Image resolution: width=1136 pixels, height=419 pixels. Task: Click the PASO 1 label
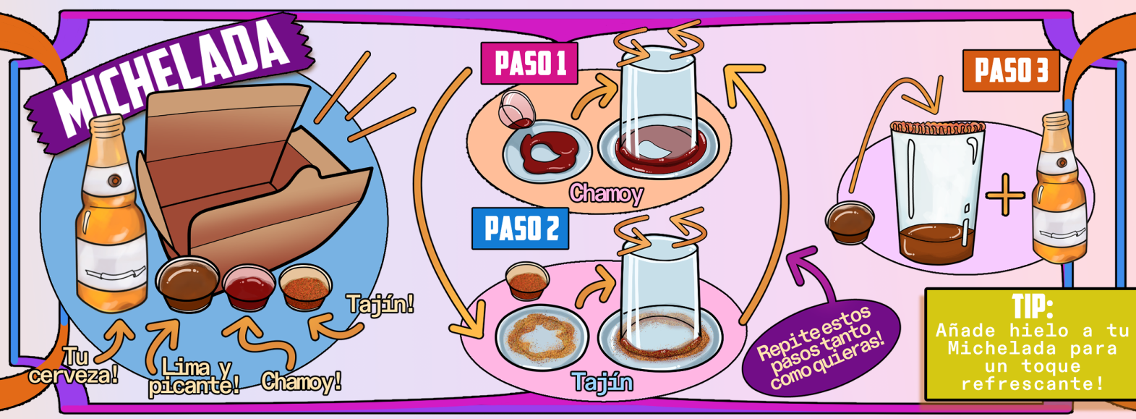(529, 64)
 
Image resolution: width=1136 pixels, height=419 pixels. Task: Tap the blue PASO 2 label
(521, 229)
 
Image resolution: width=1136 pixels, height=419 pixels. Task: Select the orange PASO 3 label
(1011, 71)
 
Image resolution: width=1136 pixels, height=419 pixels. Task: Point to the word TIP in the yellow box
(1033, 307)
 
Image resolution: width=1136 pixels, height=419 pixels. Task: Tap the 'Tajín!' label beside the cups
(380, 304)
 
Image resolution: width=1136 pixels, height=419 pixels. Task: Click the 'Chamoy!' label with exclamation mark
(301, 382)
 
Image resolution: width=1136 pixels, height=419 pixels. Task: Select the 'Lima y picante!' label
(193, 377)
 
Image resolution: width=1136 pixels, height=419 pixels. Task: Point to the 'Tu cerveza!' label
(74, 366)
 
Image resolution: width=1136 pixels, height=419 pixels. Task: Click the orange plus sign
(1005, 195)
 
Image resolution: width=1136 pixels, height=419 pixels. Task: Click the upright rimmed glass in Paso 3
(938, 192)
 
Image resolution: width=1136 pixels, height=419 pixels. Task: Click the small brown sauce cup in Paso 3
(850, 222)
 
